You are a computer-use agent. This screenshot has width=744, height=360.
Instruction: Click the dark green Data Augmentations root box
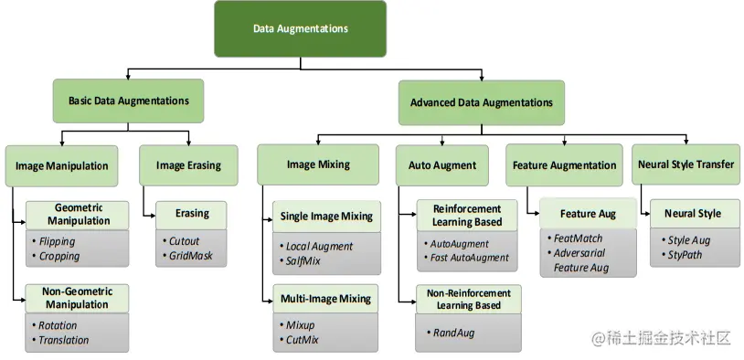pos(300,29)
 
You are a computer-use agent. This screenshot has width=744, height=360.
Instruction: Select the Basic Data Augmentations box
pos(128,101)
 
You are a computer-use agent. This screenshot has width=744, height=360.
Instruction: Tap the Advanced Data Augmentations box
pos(481,103)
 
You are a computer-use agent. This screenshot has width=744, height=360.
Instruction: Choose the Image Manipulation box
pos(62,166)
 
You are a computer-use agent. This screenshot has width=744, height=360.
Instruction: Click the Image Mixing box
pos(317,165)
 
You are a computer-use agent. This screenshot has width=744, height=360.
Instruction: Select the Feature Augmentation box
pos(564,165)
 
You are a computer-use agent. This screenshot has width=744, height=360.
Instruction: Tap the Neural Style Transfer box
pos(683,165)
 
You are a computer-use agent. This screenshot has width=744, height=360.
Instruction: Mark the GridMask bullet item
pos(190,256)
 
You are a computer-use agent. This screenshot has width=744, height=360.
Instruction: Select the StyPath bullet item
pos(685,254)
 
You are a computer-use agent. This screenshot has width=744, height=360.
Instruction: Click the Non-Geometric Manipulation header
pos(77,298)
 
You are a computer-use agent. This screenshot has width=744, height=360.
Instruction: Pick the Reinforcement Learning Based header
pos(467,216)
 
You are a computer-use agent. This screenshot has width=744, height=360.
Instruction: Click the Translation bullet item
pos(64,340)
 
